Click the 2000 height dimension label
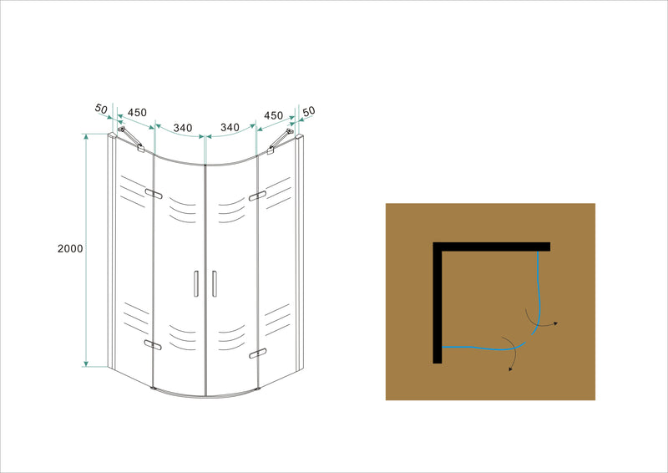pos(70,250)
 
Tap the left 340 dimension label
pos(183,128)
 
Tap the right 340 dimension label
pos(230,128)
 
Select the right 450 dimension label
pos(274,114)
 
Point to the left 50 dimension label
pos(102,109)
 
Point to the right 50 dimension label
pos(309,111)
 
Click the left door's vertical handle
pos(195,282)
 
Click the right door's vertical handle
pos(214,282)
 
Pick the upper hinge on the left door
pos(153,194)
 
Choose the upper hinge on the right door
pos(257,196)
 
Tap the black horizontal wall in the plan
pos(493,246)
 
